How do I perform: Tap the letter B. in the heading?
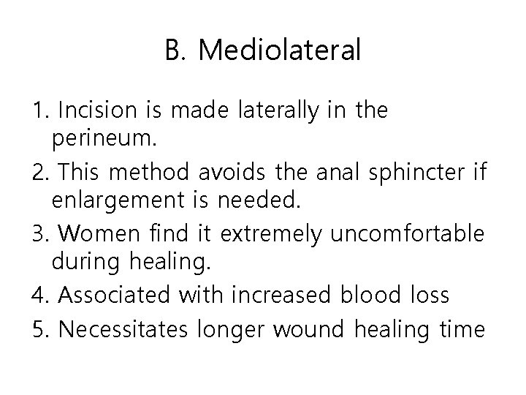click(x=178, y=51)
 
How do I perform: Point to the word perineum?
click(x=93, y=137)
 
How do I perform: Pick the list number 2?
click(x=41, y=172)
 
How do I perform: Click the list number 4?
click(x=41, y=295)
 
